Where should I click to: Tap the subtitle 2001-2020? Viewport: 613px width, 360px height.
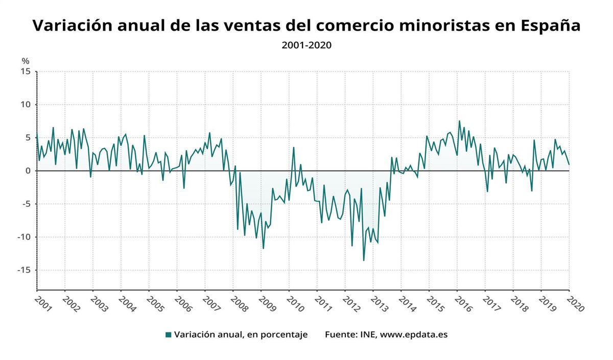(x=306, y=45)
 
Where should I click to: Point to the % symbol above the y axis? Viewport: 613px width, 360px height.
(x=26, y=61)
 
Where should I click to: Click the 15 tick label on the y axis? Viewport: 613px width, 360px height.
(x=25, y=71)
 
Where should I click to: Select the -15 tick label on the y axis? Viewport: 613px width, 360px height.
(x=23, y=270)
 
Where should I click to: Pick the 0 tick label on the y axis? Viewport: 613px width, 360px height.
(x=28, y=171)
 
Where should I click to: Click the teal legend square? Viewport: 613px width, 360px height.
(x=168, y=335)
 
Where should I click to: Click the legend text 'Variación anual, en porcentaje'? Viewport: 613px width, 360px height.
(x=241, y=335)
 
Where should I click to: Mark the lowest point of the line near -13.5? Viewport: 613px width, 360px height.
(x=364, y=260)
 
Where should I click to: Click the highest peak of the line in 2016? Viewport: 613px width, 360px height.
(x=459, y=121)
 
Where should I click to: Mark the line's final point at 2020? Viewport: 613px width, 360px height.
(x=569, y=164)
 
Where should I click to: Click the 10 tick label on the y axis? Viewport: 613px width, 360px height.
(x=25, y=105)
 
